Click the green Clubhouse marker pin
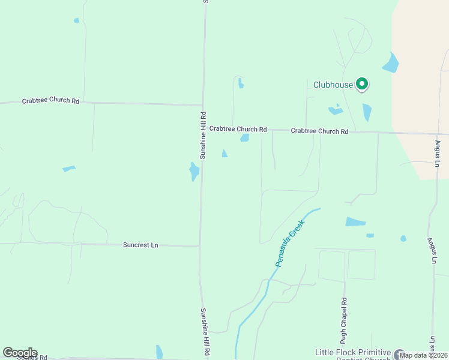click(x=362, y=84)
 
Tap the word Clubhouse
click(x=333, y=85)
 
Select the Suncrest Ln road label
click(x=140, y=245)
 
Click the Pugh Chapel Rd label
click(x=344, y=316)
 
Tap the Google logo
click(x=20, y=353)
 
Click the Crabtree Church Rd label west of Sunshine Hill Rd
click(x=50, y=101)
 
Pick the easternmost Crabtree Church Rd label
click(x=319, y=131)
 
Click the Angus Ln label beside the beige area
click(x=438, y=154)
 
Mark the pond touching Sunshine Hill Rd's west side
click(x=194, y=172)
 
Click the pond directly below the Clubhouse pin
click(x=367, y=112)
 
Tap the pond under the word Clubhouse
click(x=335, y=110)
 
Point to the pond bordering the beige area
click(x=391, y=63)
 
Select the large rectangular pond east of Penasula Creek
click(x=355, y=222)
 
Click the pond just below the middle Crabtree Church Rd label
click(x=245, y=138)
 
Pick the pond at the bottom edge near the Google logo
click(x=159, y=352)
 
